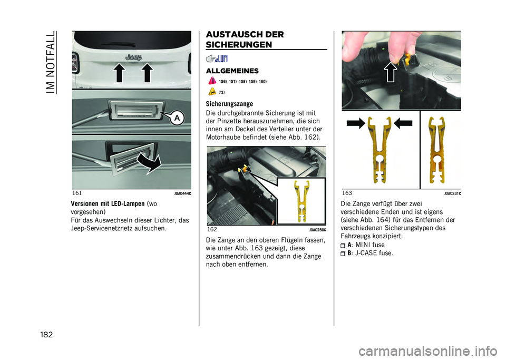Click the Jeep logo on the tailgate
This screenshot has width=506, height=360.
pyautogui.click(x=133, y=57)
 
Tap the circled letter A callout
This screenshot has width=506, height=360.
pyautogui.click(x=177, y=118)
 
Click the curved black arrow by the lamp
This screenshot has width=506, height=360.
pyautogui.click(x=149, y=163)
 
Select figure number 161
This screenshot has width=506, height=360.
pyautogui.click(x=77, y=193)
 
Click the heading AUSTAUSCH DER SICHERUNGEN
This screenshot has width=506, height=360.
pyautogui.click(x=245, y=40)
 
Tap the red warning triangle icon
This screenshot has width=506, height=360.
pyautogui.click(x=212, y=81)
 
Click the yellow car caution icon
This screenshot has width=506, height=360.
pyautogui.click(x=212, y=92)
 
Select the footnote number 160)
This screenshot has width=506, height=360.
pyautogui.click(x=262, y=82)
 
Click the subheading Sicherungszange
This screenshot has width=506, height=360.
pyautogui.click(x=229, y=104)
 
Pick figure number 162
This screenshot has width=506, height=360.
pyautogui.click(x=212, y=229)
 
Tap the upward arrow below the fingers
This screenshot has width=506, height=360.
pyautogui.click(x=391, y=72)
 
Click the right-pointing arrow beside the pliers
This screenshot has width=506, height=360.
pyautogui.click(x=356, y=123)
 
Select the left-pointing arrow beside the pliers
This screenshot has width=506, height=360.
pyautogui.click(x=403, y=123)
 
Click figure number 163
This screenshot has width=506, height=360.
pyautogui.click(x=347, y=193)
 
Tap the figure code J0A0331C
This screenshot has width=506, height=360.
pyautogui.click(x=452, y=193)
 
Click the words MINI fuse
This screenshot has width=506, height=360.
pyautogui.click(x=370, y=245)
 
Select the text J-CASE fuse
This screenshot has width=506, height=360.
pyautogui.click(x=374, y=253)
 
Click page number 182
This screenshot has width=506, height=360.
pyautogui.click(x=46, y=335)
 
